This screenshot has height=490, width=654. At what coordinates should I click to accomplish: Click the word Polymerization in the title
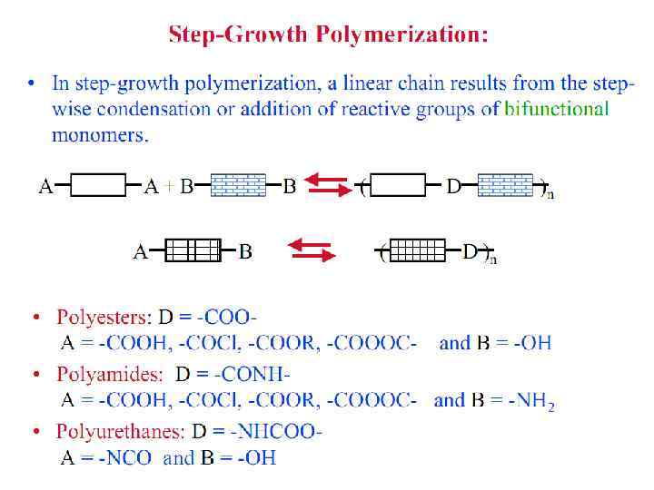coord(402,35)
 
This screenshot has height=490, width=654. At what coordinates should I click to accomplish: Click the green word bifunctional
coord(557,110)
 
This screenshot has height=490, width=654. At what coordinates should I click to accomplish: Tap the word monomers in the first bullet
coord(100,136)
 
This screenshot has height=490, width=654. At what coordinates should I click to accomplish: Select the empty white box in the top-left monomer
coord(98,186)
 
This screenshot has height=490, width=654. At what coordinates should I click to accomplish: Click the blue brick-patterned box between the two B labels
coord(238,186)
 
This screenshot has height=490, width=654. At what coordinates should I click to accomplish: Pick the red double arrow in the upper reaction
coord(327,185)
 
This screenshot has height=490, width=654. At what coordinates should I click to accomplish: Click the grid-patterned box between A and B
coord(193,251)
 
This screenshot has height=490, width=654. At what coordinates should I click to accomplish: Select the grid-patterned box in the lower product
coord(418,251)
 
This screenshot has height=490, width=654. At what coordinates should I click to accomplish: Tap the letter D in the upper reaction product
coord(453,187)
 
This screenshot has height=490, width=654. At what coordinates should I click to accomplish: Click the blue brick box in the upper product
coord(505,186)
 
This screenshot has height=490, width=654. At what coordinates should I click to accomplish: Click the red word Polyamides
coord(110,374)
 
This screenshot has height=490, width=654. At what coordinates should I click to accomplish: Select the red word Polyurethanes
coord(120,431)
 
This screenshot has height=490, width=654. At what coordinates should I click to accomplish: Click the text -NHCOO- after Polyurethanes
coord(276,431)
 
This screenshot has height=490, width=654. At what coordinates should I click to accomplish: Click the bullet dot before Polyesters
coord(36,318)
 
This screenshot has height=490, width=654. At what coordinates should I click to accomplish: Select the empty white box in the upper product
coord(398,186)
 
